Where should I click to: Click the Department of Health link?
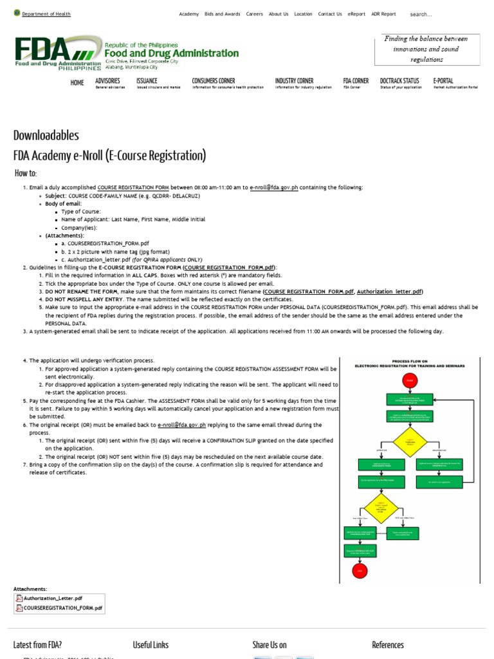[x=46, y=14]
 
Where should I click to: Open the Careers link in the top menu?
[x=255, y=14]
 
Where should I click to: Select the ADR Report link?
[x=383, y=14]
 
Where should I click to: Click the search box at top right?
[x=444, y=14]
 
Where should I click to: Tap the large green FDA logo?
[x=58, y=53]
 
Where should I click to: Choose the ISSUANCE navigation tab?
[x=147, y=81]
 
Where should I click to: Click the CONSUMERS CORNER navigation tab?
[x=214, y=81]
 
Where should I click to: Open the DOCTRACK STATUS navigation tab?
[x=399, y=81]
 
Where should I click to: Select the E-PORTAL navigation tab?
[x=443, y=81]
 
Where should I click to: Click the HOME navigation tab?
[x=77, y=83]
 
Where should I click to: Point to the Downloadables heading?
[x=46, y=135]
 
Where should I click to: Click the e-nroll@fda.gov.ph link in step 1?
[x=274, y=187]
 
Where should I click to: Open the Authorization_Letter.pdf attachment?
[x=52, y=598]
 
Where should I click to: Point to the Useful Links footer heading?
[x=151, y=645]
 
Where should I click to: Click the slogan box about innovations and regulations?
[x=426, y=49]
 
